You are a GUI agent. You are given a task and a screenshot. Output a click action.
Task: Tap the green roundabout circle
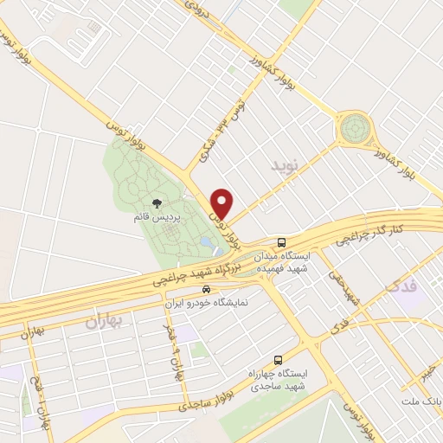[x=354, y=129]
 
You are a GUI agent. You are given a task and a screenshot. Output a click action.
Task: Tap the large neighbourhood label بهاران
[x=106, y=322]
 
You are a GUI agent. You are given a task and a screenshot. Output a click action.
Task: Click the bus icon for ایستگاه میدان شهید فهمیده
[x=280, y=242]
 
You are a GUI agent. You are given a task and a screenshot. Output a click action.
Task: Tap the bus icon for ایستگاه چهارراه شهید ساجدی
[x=278, y=359]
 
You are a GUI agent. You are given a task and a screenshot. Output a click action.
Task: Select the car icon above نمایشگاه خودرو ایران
[x=206, y=289]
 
